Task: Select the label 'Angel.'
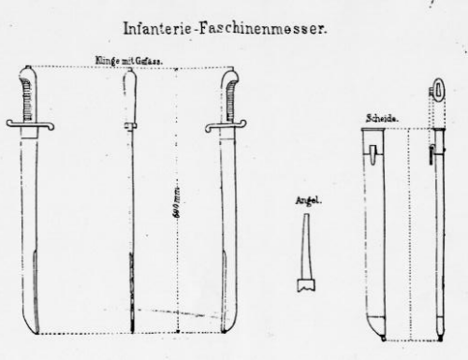pos(302,199)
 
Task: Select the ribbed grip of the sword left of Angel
pos(227,94)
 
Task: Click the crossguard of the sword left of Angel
pos(226,124)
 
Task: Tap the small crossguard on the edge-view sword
pos(131,124)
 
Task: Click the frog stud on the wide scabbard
pos(373,150)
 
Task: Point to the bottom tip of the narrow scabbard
pos(439,332)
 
